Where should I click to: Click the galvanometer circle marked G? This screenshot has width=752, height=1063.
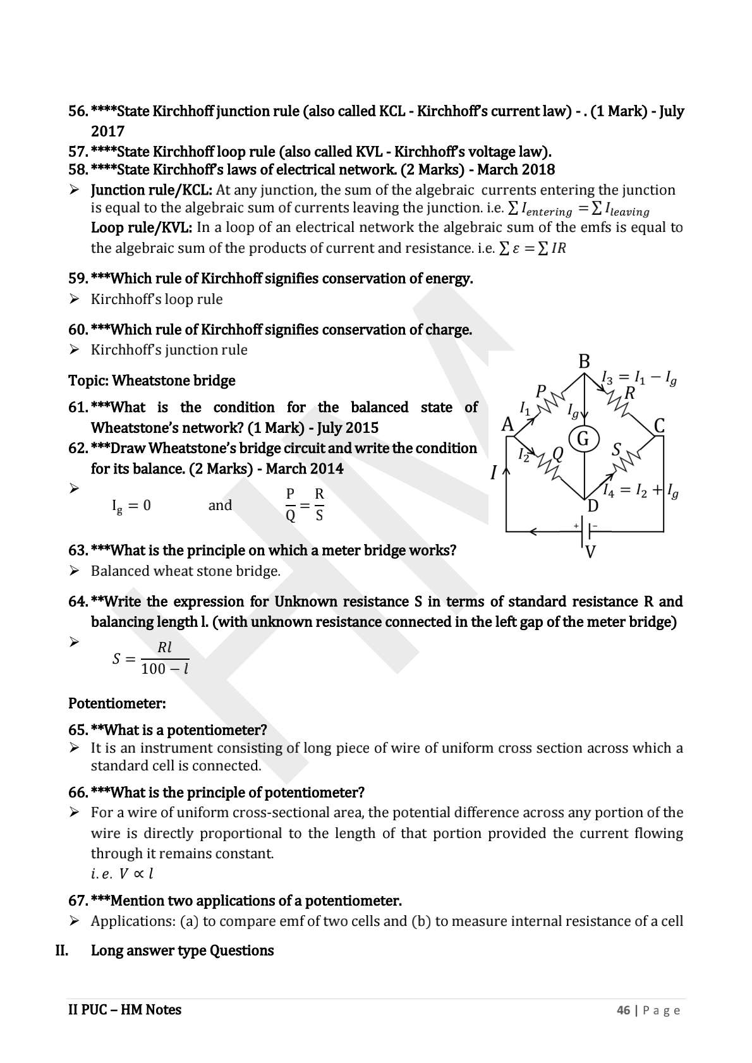point(583,438)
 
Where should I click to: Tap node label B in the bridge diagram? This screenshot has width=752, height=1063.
point(584,361)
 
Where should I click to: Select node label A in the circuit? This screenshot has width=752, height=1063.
point(507,425)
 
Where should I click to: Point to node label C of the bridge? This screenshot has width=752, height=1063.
point(659,425)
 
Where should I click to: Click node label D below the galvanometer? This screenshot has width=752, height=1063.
point(593,506)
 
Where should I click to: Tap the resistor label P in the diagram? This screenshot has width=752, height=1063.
point(540,392)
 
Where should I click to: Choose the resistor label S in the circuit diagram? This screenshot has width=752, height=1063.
point(617,449)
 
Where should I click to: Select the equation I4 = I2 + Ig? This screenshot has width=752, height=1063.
point(640,490)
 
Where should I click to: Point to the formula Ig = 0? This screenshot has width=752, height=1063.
point(131,506)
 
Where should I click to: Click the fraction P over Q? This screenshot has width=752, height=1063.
point(291,504)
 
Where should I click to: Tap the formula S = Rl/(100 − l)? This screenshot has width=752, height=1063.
point(151,659)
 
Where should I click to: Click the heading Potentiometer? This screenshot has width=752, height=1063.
point(117,703)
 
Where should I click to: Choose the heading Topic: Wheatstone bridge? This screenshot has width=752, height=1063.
point(152,380)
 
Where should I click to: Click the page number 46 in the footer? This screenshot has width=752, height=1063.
point(623,1010)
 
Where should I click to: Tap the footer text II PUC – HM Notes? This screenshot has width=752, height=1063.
point(124,1010)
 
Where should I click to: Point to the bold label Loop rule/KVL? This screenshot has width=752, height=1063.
point(142,228)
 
